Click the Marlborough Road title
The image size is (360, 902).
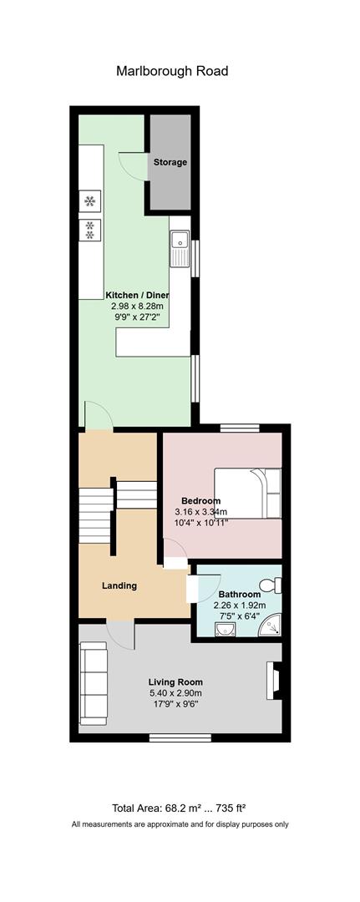pos(172,71)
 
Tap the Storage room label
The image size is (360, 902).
pos(170,162)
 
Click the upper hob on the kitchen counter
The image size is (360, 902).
pos(90,200)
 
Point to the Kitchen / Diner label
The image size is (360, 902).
pos(137,295)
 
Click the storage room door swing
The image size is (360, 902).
pos(133,165)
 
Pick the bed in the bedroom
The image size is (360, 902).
pos(248,493)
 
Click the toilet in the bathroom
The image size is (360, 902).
pos(271,585)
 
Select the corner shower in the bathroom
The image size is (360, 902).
pos(269,625)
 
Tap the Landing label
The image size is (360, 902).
pos(119,586)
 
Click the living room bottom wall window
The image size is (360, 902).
pos(173,737)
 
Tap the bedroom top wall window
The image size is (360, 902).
pos(241,428)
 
